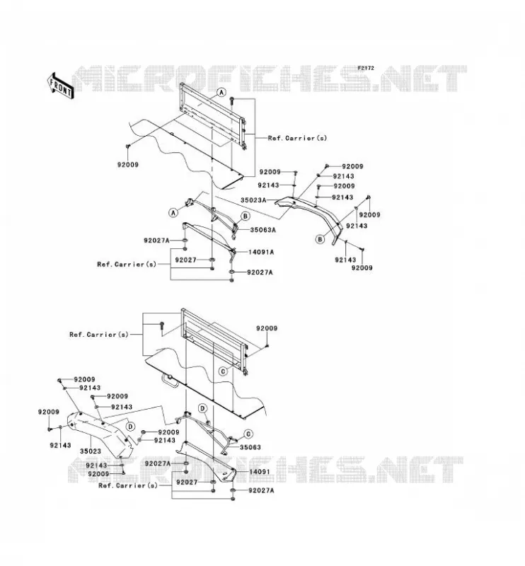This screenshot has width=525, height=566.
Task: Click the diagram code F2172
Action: pos(366,68)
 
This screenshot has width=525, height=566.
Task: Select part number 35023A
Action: pos(253,200)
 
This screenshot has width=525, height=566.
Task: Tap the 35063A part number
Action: pos(263,229)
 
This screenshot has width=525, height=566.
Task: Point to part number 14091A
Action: pos(261,252)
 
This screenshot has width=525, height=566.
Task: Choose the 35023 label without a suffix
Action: pos(91,451)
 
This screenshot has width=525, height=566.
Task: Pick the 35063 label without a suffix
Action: pos(250,447)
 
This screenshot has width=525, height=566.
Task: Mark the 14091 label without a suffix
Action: pos(259,472)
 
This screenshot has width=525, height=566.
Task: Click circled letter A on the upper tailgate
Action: pos(221,93)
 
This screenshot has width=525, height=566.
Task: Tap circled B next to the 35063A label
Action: pos(246,216)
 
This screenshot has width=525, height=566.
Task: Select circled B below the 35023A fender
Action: pos(320,239)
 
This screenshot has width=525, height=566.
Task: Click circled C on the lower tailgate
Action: pos(224,371)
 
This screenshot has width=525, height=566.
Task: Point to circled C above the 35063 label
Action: pos(248,434)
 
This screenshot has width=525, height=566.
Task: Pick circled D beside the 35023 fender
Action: pos(131,427)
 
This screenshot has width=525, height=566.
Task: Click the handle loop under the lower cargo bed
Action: pos(169,380)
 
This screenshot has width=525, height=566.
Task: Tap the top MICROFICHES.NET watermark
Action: pos(269,79)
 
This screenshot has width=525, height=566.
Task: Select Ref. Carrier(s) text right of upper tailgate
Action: pos(297,138)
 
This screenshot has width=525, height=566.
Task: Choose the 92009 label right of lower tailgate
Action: pos(267,328)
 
